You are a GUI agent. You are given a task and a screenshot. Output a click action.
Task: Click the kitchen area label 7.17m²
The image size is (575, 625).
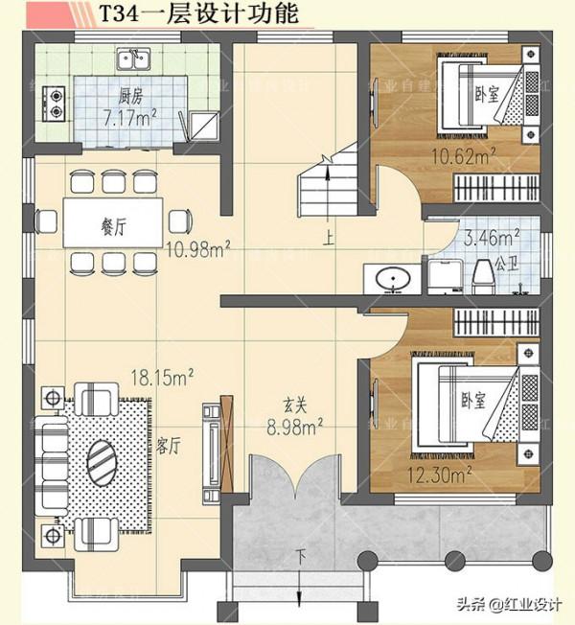131,118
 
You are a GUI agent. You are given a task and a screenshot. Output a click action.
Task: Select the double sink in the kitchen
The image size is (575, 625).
139,62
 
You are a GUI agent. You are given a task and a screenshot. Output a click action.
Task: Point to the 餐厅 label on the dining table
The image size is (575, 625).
114,226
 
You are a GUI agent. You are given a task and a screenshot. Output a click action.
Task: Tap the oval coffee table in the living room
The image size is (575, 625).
103,465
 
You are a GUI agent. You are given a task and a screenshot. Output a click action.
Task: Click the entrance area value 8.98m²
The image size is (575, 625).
294,427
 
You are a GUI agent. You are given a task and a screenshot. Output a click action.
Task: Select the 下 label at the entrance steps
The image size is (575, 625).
301,555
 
